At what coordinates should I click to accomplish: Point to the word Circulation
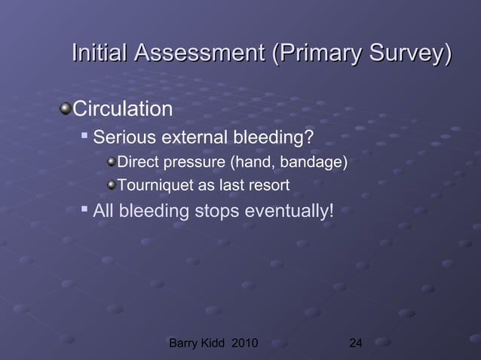pos(122,110)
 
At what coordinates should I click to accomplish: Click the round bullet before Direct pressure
pos(112,162)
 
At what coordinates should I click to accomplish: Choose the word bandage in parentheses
pos(316,162)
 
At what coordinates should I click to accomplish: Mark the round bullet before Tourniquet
pos(112,185)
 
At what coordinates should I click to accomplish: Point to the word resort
pos(268,185)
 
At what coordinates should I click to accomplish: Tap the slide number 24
pos(356,345)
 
